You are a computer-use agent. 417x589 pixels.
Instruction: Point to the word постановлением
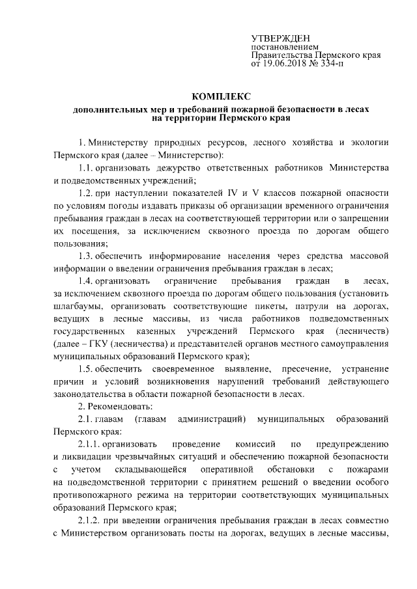pyautogui.click(x=285, y=48)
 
